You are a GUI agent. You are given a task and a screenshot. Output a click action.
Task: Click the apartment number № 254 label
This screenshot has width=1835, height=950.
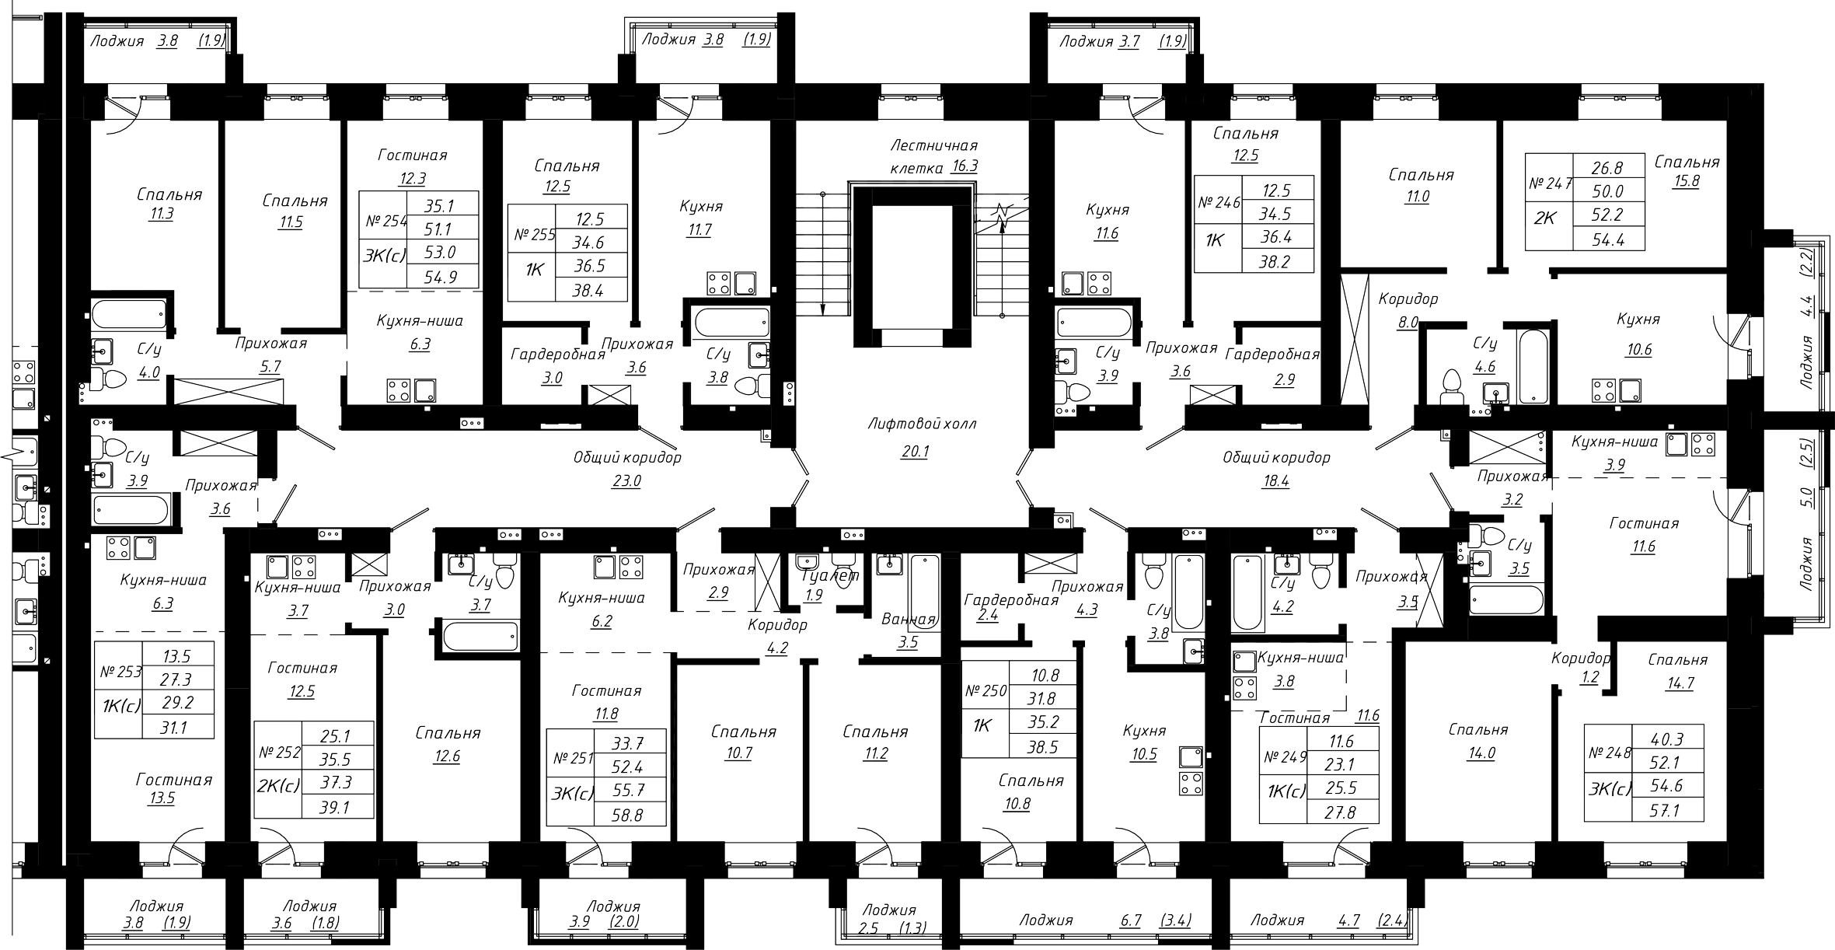pyautogui.click(x=385, y=222)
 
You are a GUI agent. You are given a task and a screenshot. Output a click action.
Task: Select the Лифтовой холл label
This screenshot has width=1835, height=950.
pyautogui.click(x=922, y=424)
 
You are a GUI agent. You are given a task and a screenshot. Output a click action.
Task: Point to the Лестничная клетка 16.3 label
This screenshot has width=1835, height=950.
pyautogui.click(x=933, y=156)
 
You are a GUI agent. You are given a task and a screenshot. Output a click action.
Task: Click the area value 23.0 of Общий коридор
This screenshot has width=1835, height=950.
pyautogui.click(x=626, y=481)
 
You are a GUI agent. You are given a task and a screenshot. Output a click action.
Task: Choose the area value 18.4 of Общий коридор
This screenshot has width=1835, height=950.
pyautogui.click(x=1276, y=481)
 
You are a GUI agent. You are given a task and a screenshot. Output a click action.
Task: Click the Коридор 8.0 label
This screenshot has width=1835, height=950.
pyautogui.click(x=1408, y=310)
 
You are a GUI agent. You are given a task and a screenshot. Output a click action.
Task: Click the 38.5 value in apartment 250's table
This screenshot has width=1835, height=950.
pyautogui.click(x=1044, y=747)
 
